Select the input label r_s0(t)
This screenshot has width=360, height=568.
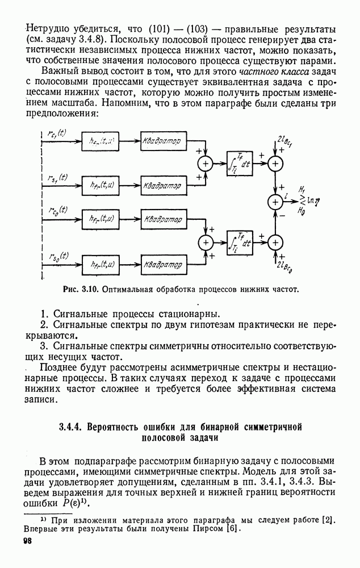[x=57, y=256]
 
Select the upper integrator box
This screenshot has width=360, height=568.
[x=240, y=164]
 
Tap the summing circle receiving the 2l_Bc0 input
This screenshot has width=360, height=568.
[x=275, y=242]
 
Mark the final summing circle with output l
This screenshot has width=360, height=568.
[x=275, y=202]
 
